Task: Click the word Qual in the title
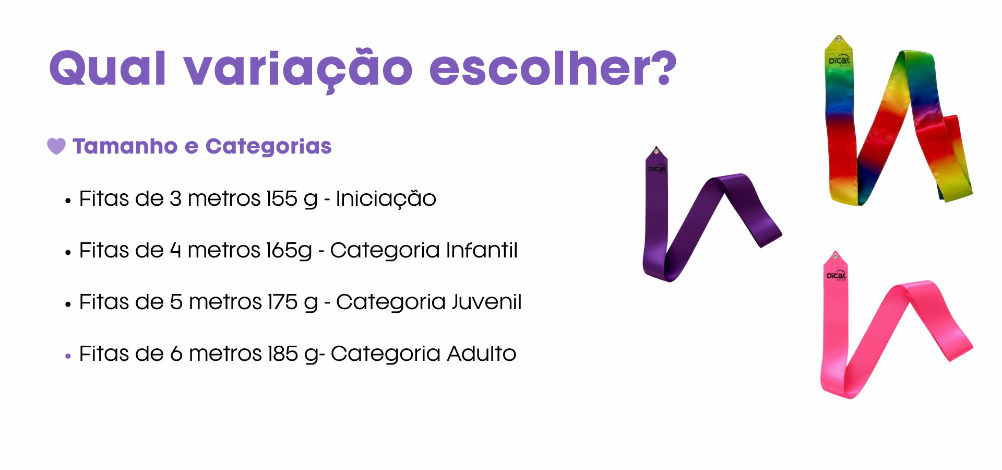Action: [x=108, y=68]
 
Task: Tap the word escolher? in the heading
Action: [x=553, y=68]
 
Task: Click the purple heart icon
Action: [x=56, y=146]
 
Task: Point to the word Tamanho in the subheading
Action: [x=125, y=146]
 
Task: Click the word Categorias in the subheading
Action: [x=269, y=147]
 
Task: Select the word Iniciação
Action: [x=386, y=198]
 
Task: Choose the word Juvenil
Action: [x=486, y=302]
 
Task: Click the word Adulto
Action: [x=482, y=354]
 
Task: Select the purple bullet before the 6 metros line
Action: [x=68, y=357]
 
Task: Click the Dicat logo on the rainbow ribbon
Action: [x=839, y=61]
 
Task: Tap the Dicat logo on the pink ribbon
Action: [x=837, y=276]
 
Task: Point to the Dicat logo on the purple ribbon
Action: [x=657, y=169]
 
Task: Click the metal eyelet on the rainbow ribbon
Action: [x=839, y=39]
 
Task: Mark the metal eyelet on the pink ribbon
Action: [x=836, y=257]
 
